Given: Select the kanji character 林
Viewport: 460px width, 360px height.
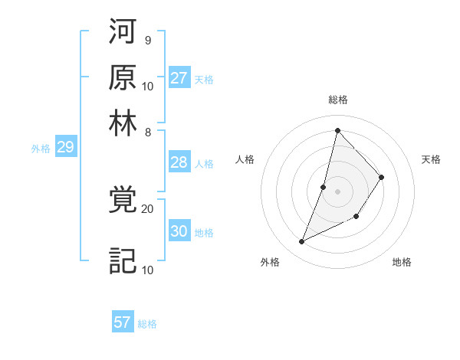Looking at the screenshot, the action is [123, 123].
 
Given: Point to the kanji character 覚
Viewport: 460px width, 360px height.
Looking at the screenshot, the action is [123, 201].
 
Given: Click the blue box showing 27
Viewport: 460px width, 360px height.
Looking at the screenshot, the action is [179, 78].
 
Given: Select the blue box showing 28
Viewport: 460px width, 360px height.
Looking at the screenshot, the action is [179, 162].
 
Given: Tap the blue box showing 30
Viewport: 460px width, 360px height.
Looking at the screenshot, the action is [179, 231].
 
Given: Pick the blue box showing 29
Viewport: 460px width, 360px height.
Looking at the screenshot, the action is [65, 148].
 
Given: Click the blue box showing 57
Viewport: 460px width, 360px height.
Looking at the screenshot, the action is [123, 322].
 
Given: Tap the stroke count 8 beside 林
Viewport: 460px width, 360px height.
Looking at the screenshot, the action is [147, 132].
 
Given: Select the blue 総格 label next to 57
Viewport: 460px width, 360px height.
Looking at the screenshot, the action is [148, 324].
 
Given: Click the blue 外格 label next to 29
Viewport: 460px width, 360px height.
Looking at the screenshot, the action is [41, 149].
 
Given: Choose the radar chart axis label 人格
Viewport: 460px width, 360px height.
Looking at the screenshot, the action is [245, 159].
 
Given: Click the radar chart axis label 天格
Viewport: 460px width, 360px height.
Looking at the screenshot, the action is [431, 159].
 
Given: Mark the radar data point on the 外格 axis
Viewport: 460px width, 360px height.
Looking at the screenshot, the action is [302, 242].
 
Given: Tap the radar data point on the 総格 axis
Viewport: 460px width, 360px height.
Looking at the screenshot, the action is [337, 129].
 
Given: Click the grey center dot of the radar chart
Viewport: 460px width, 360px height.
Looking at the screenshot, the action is [337, 191].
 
